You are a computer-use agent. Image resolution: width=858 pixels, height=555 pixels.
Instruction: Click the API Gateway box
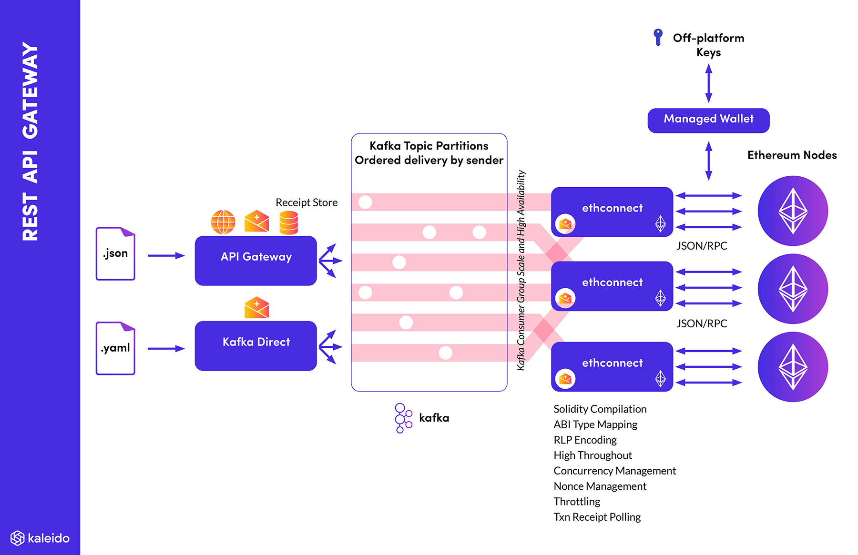coord(255,261)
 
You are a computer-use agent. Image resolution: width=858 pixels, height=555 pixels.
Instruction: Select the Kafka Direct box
coord(255,345)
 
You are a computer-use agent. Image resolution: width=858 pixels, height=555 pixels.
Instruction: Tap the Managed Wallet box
coord(708,120)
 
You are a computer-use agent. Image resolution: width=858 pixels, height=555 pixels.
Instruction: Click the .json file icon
coord(115,253)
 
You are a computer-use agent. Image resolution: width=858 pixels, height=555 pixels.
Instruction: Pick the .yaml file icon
coord(115,348)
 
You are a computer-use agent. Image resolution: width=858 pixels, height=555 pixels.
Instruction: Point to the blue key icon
coord(658,37)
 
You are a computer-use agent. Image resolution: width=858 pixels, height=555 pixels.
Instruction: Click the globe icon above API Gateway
coord(223,222)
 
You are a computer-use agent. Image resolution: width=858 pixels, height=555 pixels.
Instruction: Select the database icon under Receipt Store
coord(288,223)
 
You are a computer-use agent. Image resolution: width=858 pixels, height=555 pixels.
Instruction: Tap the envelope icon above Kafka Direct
coord(256,308)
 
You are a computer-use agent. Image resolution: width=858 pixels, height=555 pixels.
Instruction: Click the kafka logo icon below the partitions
coord(403,418)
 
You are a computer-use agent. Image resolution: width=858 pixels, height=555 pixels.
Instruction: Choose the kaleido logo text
coord(48,538)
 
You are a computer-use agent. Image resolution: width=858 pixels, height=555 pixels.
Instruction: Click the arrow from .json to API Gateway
coord(166,256)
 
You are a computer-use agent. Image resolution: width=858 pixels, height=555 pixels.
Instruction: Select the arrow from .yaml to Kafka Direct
coord(166,349)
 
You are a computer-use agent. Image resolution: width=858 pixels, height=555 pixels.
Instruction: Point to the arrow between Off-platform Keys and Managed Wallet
coord(709,83)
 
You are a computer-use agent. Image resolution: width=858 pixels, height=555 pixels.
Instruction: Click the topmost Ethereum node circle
coord(793,211)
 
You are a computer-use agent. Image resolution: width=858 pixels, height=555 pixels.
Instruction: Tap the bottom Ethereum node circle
coord(793,367)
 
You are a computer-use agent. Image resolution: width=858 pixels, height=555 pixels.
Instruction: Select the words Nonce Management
coord(600,486)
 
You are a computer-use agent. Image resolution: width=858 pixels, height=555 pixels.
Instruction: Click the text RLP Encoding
coord(585,440)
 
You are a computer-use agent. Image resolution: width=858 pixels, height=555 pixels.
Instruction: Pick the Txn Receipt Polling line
coord(597,517)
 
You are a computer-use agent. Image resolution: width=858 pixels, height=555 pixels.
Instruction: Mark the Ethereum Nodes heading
coord(792,155)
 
